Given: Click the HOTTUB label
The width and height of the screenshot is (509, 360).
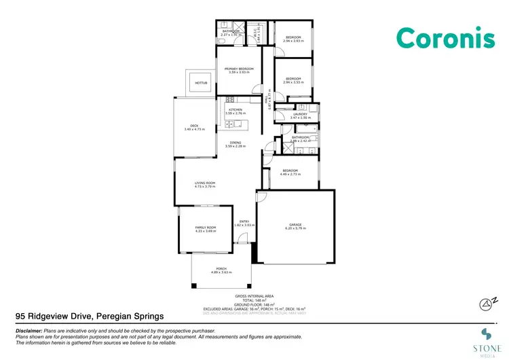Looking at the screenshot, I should pyautogui.click(x=200, y=83).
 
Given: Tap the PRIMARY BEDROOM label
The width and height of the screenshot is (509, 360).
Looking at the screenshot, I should pyautogui.click(x=240, y=70).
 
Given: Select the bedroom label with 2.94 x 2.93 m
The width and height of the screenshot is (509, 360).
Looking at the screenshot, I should pyautogui.click(x=293, y=37).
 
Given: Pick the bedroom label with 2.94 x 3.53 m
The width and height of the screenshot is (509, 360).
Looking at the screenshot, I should pyautogui.click(x=293, y=79).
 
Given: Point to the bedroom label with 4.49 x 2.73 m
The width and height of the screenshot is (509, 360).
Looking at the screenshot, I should pyautogui.click(x=290, y=170).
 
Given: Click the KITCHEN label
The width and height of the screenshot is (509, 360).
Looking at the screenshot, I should pyautogui.click(x=235, y=109).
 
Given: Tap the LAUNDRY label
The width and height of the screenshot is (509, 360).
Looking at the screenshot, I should pyautogui.click(x=300, y=115).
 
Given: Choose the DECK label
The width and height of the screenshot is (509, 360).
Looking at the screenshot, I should pyautogui.click(x=193, y=126).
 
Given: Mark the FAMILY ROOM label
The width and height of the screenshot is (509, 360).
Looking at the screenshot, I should pyautogui.click(x=205, y=228).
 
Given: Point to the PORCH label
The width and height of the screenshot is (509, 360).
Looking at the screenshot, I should pyautogui.click(x=221, y=269).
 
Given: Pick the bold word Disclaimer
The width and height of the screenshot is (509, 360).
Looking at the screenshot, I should pyautogui.click(x=29, y=329).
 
